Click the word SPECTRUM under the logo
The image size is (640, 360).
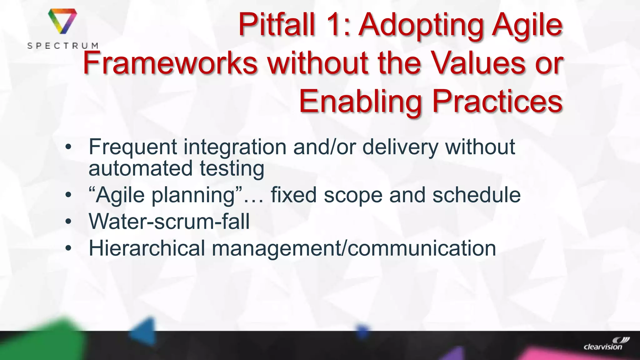click(63, 46)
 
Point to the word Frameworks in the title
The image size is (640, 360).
click(170, 63)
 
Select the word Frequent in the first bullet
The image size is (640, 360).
click(133, 147)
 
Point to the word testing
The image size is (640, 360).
click(232, 169)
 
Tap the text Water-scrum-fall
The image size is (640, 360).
click(169, 222)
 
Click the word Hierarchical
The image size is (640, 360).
click(147, 248)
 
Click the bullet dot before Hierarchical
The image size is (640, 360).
click(68, 249)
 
